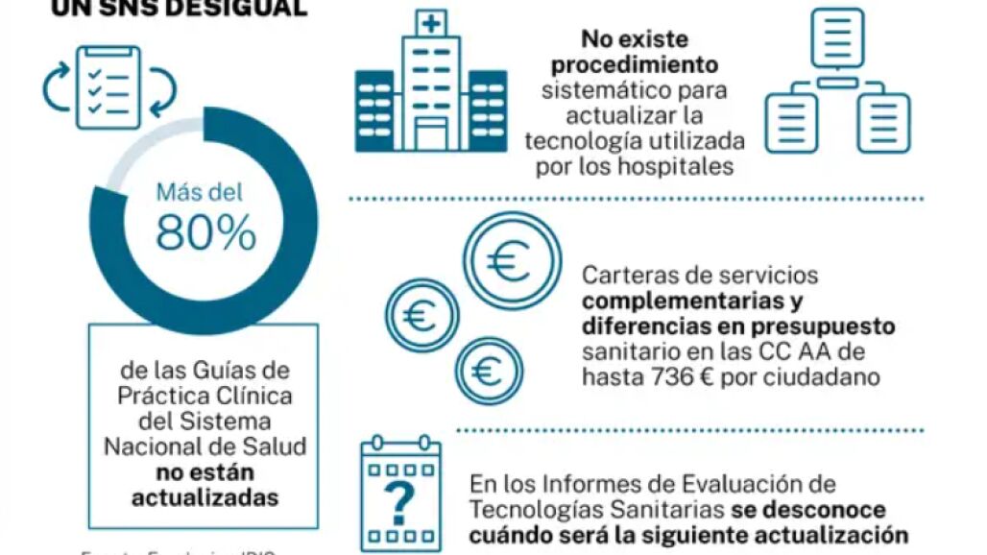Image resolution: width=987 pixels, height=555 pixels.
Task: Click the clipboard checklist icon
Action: tap(108, 86)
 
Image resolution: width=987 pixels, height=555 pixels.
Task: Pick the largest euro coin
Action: tap(512, 260)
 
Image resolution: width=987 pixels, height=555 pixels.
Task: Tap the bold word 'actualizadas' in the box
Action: tap(205, 497)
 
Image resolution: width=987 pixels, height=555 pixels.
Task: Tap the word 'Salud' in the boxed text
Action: tap(278, 446)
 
